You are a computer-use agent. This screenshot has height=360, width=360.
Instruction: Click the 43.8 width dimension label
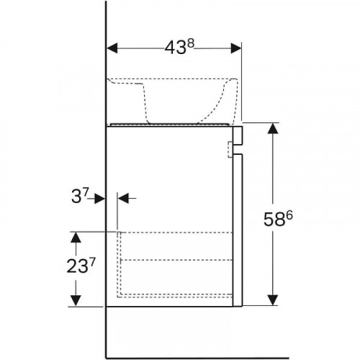pyautogui.click(x=179, y=47)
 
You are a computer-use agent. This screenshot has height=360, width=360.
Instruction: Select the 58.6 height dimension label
pyautogui.click(x=278, y=219)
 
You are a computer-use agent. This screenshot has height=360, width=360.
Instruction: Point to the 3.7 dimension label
pyautogui.click(x=80, y=196)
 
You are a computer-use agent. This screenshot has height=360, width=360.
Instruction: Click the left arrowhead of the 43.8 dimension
pyautogui.click(x=112, y=48)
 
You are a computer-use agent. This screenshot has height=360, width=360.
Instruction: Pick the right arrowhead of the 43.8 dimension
pyautogui.click(x=236, y=48)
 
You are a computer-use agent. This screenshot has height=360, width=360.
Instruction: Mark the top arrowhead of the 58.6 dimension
pyautogui.click(x=273, y=128)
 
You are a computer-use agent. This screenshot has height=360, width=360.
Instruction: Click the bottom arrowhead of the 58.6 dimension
pyautogui.click(x=273, y=300)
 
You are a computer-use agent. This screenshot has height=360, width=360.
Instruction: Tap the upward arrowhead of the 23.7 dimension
pyautogui.click(x=76, y=238)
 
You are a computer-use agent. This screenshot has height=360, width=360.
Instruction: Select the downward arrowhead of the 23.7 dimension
pyautogui.click(x=76, y=301)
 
